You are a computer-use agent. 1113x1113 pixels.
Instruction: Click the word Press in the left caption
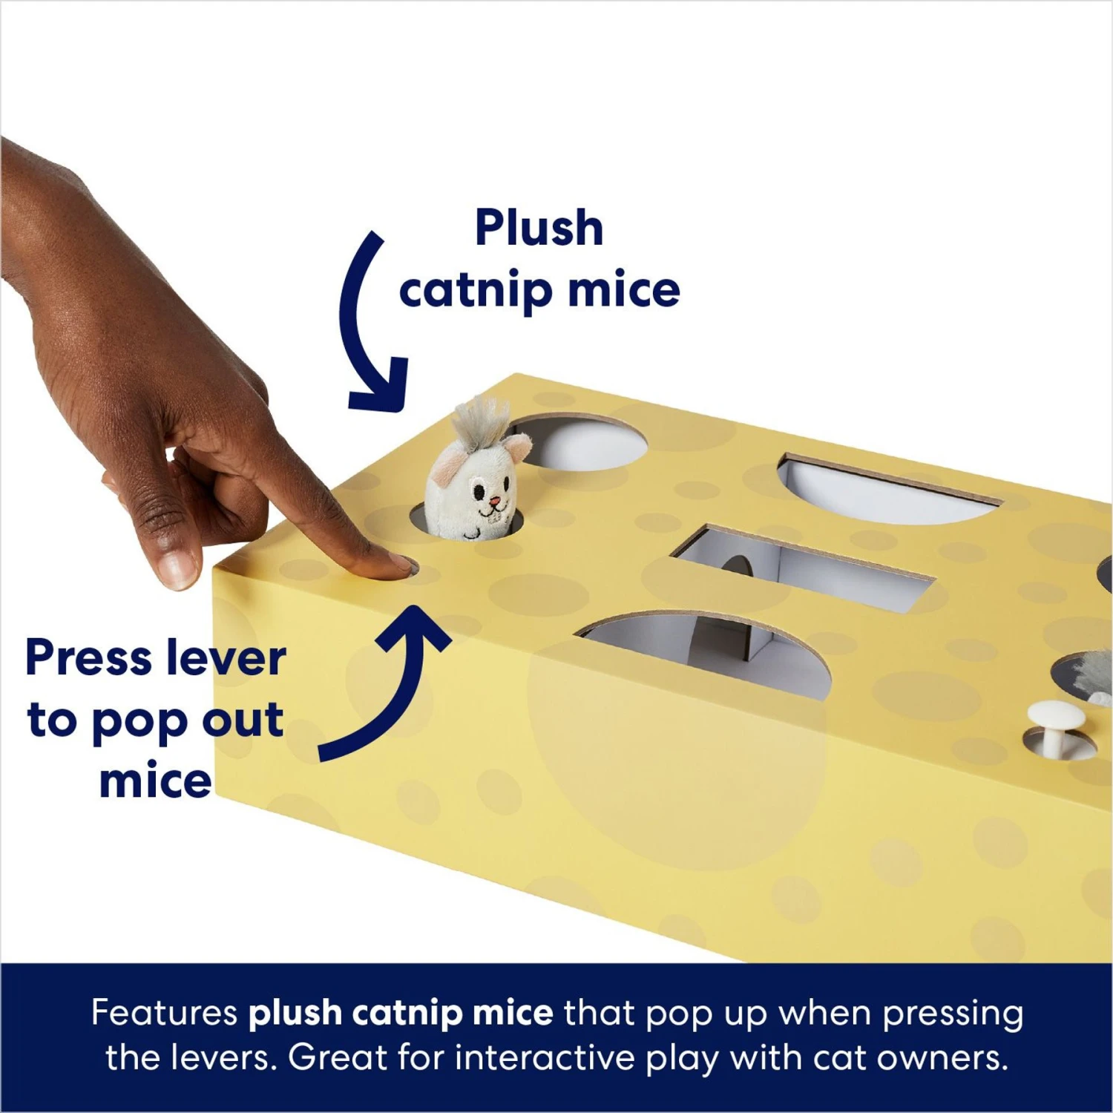tap(89, 658)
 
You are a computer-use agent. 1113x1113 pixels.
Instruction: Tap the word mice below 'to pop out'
tap(156, 781)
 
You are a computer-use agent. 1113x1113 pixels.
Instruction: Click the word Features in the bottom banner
tap(164, 1013)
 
